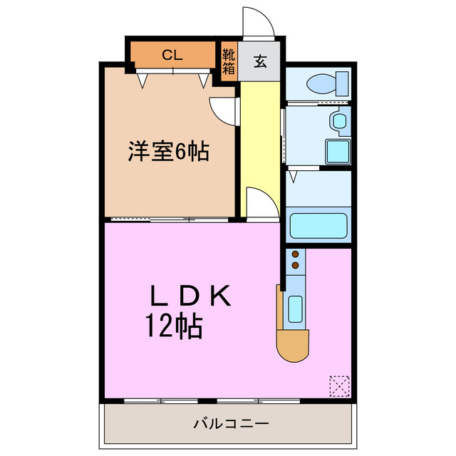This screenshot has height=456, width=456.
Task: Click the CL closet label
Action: [172, 54]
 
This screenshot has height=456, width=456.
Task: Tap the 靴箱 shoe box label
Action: [228, 61]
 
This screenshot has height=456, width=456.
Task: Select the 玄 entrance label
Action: [260, 61]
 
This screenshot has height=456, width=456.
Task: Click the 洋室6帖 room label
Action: [169, 151]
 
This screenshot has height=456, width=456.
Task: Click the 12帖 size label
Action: [174, 326]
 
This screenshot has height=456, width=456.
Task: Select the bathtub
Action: [318, 226]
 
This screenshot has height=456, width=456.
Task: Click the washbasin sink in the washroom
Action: [338, 122]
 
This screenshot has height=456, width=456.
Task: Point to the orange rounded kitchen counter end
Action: [294, 348]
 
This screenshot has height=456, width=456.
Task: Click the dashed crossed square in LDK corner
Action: [340, 386]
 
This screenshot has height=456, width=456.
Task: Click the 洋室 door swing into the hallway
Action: [222, 110]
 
